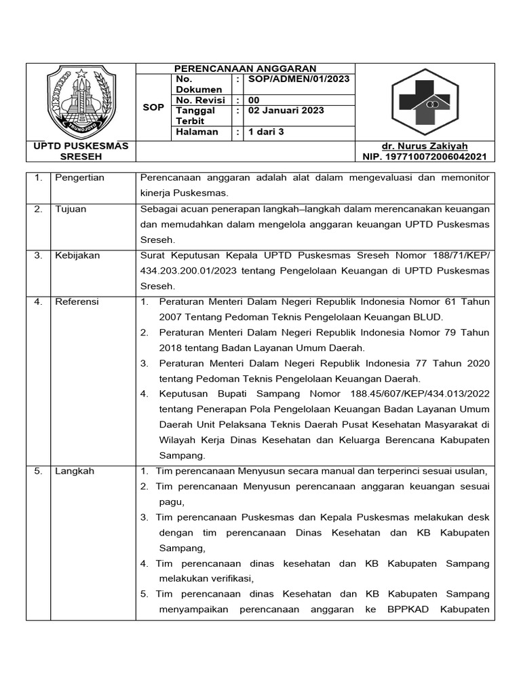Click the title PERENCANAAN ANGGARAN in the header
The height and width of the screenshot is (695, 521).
tap(246, 69)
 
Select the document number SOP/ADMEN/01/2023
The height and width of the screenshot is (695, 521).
tap(299, 79)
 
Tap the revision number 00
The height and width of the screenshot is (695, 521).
tap(254, 100)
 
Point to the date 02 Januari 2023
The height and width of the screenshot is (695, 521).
tap(286, 110)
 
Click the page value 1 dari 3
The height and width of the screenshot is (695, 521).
tap(267, 132)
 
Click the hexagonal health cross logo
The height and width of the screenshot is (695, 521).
tap(425, 102)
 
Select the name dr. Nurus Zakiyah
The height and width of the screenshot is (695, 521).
tap(425, 146)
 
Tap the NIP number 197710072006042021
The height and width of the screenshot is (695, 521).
tap(425, 157)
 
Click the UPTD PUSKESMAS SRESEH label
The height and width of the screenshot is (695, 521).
tap(81, 151)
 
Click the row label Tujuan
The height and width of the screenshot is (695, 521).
tap(71, 209)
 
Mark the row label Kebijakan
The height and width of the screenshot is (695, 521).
tap(77, 255)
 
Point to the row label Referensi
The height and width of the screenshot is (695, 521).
tap(77, 301)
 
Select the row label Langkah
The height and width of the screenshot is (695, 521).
tap(75, 471)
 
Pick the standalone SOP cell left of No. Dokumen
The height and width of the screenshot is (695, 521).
tap(153, 107)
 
